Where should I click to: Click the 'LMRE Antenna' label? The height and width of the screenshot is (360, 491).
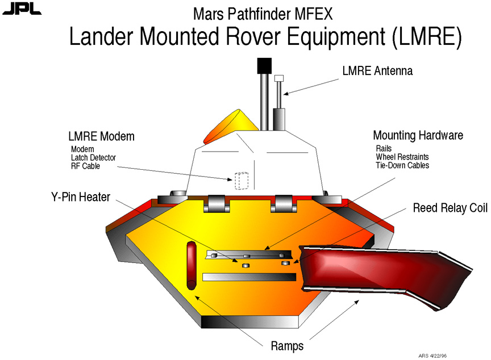(377, 71)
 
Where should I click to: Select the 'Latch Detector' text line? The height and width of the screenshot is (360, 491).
(93, 157)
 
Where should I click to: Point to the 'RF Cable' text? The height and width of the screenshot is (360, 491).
(85, 166)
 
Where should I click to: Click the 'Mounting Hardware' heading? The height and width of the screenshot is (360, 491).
(418, 136)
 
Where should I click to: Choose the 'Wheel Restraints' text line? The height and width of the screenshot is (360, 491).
(402, 157)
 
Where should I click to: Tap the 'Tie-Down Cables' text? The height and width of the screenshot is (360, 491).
(402, 165)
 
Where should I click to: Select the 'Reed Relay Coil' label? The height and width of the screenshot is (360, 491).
(450, 208)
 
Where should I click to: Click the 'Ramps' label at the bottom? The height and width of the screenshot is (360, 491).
(286, 346)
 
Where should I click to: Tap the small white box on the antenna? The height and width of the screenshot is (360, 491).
(278, 78)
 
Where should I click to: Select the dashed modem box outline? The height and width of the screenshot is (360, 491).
(242, 181)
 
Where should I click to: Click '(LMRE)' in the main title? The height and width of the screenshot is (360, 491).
(426, 37)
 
